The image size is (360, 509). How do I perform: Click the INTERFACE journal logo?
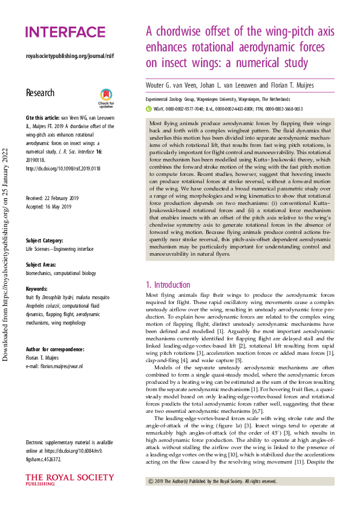point(65,32)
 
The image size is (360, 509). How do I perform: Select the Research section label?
point(40,92)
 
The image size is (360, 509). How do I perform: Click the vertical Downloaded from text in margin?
point(7,254)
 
